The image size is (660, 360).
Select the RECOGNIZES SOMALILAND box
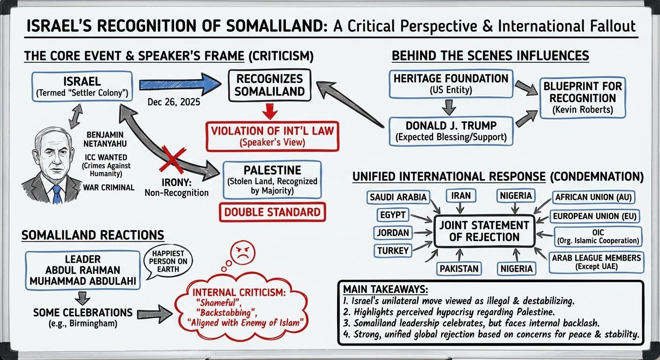coord(269,85)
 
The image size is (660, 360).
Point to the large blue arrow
coord(180,84)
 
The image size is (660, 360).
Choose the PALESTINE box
coord(272,180)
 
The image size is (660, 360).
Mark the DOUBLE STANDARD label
coord(272,212)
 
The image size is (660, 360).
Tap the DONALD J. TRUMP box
coord(451,130)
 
